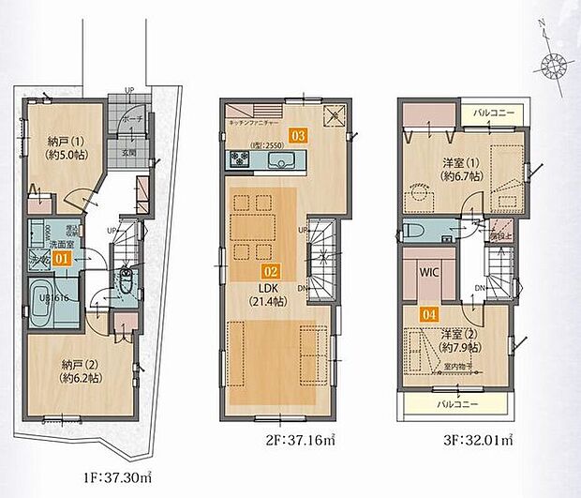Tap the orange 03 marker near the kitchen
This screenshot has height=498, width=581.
tap(299, 135)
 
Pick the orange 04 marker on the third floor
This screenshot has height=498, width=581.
tap(429, 317)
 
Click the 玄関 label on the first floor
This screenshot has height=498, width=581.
tap(127, 152)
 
